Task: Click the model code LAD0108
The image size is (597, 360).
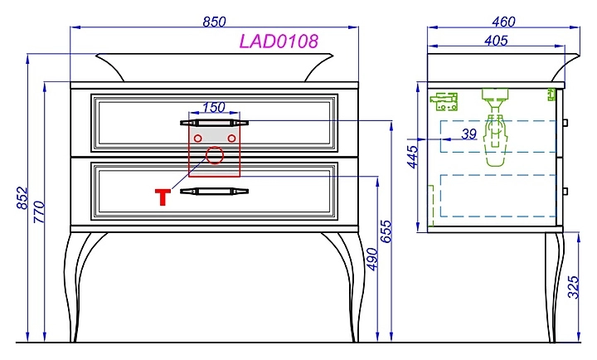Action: [279, 41]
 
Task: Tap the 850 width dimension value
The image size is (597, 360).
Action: [214, 22]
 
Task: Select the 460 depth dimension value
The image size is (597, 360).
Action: [503, 22]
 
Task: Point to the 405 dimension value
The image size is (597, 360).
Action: [496, 41]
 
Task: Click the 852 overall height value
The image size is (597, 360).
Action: [22, 197]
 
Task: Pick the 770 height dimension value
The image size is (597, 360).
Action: [39, 212]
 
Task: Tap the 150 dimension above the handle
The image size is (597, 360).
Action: [214, 107]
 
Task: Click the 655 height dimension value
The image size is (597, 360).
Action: [386, 231]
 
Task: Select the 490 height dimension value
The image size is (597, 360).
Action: [371, 260]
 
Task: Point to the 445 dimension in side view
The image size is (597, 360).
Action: [412, 157]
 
